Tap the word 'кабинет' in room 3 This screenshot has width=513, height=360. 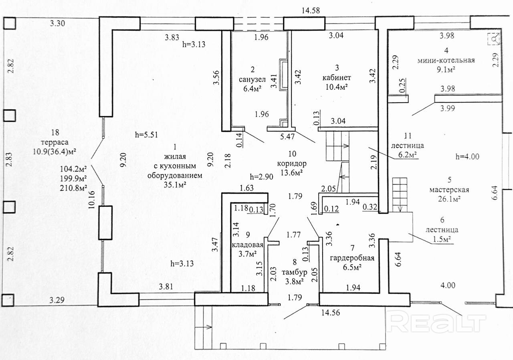coord(336,77)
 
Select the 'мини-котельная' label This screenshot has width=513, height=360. coord(446,61)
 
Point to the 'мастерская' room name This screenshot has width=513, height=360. coord(448,190)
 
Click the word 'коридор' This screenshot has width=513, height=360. coord(291,164)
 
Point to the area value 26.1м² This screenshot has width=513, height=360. coord(448,198)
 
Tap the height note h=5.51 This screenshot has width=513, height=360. coord(147,135)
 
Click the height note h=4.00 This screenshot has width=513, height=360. coord(468,156)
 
